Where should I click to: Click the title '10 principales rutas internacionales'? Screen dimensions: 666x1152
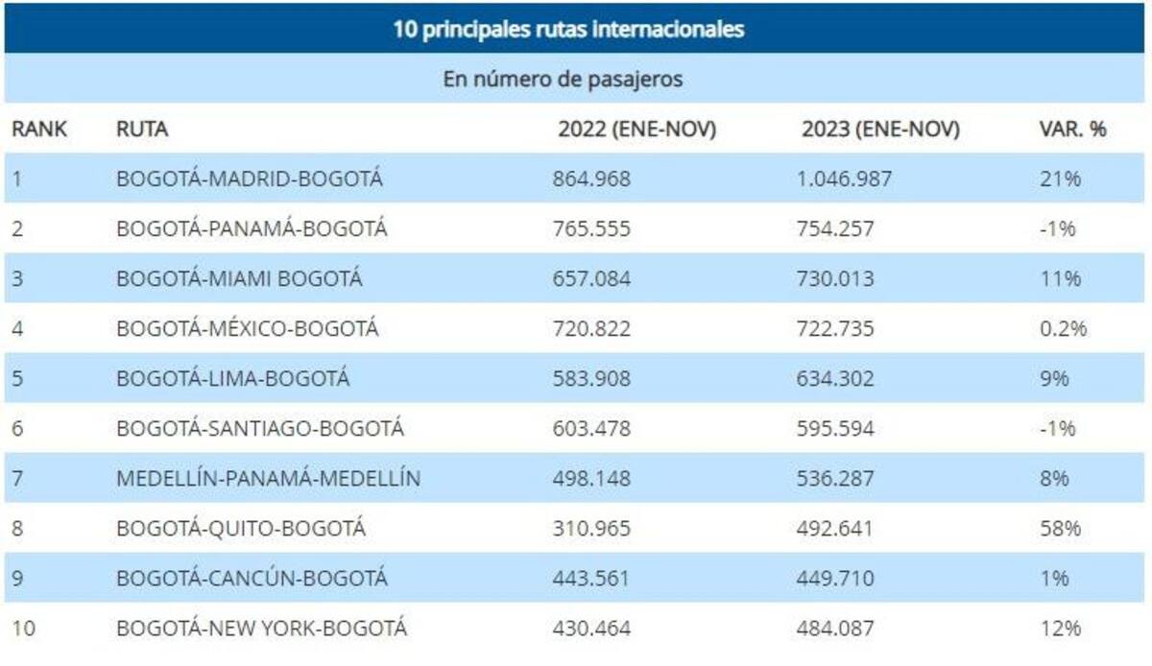[x=568, y=29]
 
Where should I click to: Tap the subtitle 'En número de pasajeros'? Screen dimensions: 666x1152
[x=563, y=79]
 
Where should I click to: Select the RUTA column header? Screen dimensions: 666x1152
[x=142, y=130]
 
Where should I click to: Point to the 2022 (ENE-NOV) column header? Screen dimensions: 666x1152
[x=636, y=130]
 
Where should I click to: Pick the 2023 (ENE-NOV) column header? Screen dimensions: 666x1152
[x=880, y=130]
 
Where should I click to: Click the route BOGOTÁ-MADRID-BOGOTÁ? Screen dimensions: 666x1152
[x=250, y=178]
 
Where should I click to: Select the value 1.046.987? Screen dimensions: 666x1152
[x=845, y=178]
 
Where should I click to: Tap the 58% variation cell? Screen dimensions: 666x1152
[x=1060, y=528]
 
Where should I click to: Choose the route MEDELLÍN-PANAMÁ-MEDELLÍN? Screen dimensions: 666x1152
[x=268, y=478]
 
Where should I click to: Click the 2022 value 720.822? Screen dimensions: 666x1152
[x=591, y=328]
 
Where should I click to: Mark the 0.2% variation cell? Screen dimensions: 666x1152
[x=1063, y=328]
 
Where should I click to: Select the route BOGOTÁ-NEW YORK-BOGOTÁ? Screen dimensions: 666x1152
[x=261, y=628]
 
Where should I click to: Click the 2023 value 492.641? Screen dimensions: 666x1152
[x=835, y=528]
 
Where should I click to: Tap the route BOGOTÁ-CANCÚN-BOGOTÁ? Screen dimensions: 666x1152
[x=252, y=578]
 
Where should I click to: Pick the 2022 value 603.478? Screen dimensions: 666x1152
[x=591, y=428]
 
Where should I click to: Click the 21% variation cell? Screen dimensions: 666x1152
[x=1060, y=178]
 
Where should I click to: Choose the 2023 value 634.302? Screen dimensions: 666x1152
[x=835, y=378]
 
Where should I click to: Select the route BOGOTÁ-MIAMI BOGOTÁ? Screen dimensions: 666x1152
[x=239, y=278]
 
